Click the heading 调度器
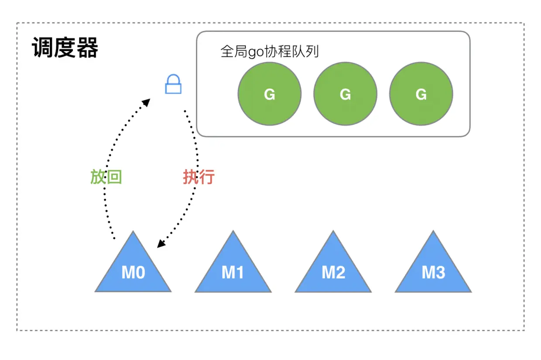click(x=65, y=48)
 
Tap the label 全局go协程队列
click(x=270, y=52)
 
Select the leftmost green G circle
click(x=269, y=94)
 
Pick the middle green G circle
click(x=345, y=94)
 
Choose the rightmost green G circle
click(x=421, y=94)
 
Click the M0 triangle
click(x=133, y=268)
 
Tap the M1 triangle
click(x=233, y=268)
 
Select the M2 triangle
click(x=333, y=268)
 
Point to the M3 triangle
click(x=433, y=268)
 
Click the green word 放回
click(x=106, y=177)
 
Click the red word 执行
click(x=199, y=177)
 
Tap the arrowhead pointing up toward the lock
click(x=146, y=103)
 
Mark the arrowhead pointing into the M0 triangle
click(x=161, y=244)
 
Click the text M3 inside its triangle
click(x=433, y=273)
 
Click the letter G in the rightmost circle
click(x=421, y=94)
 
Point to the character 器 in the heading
click(x=87, y=48)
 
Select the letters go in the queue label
click(x=254, y=53)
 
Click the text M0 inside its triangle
click(x=133, y=273)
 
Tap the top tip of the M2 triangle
click(x=333, y=233)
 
